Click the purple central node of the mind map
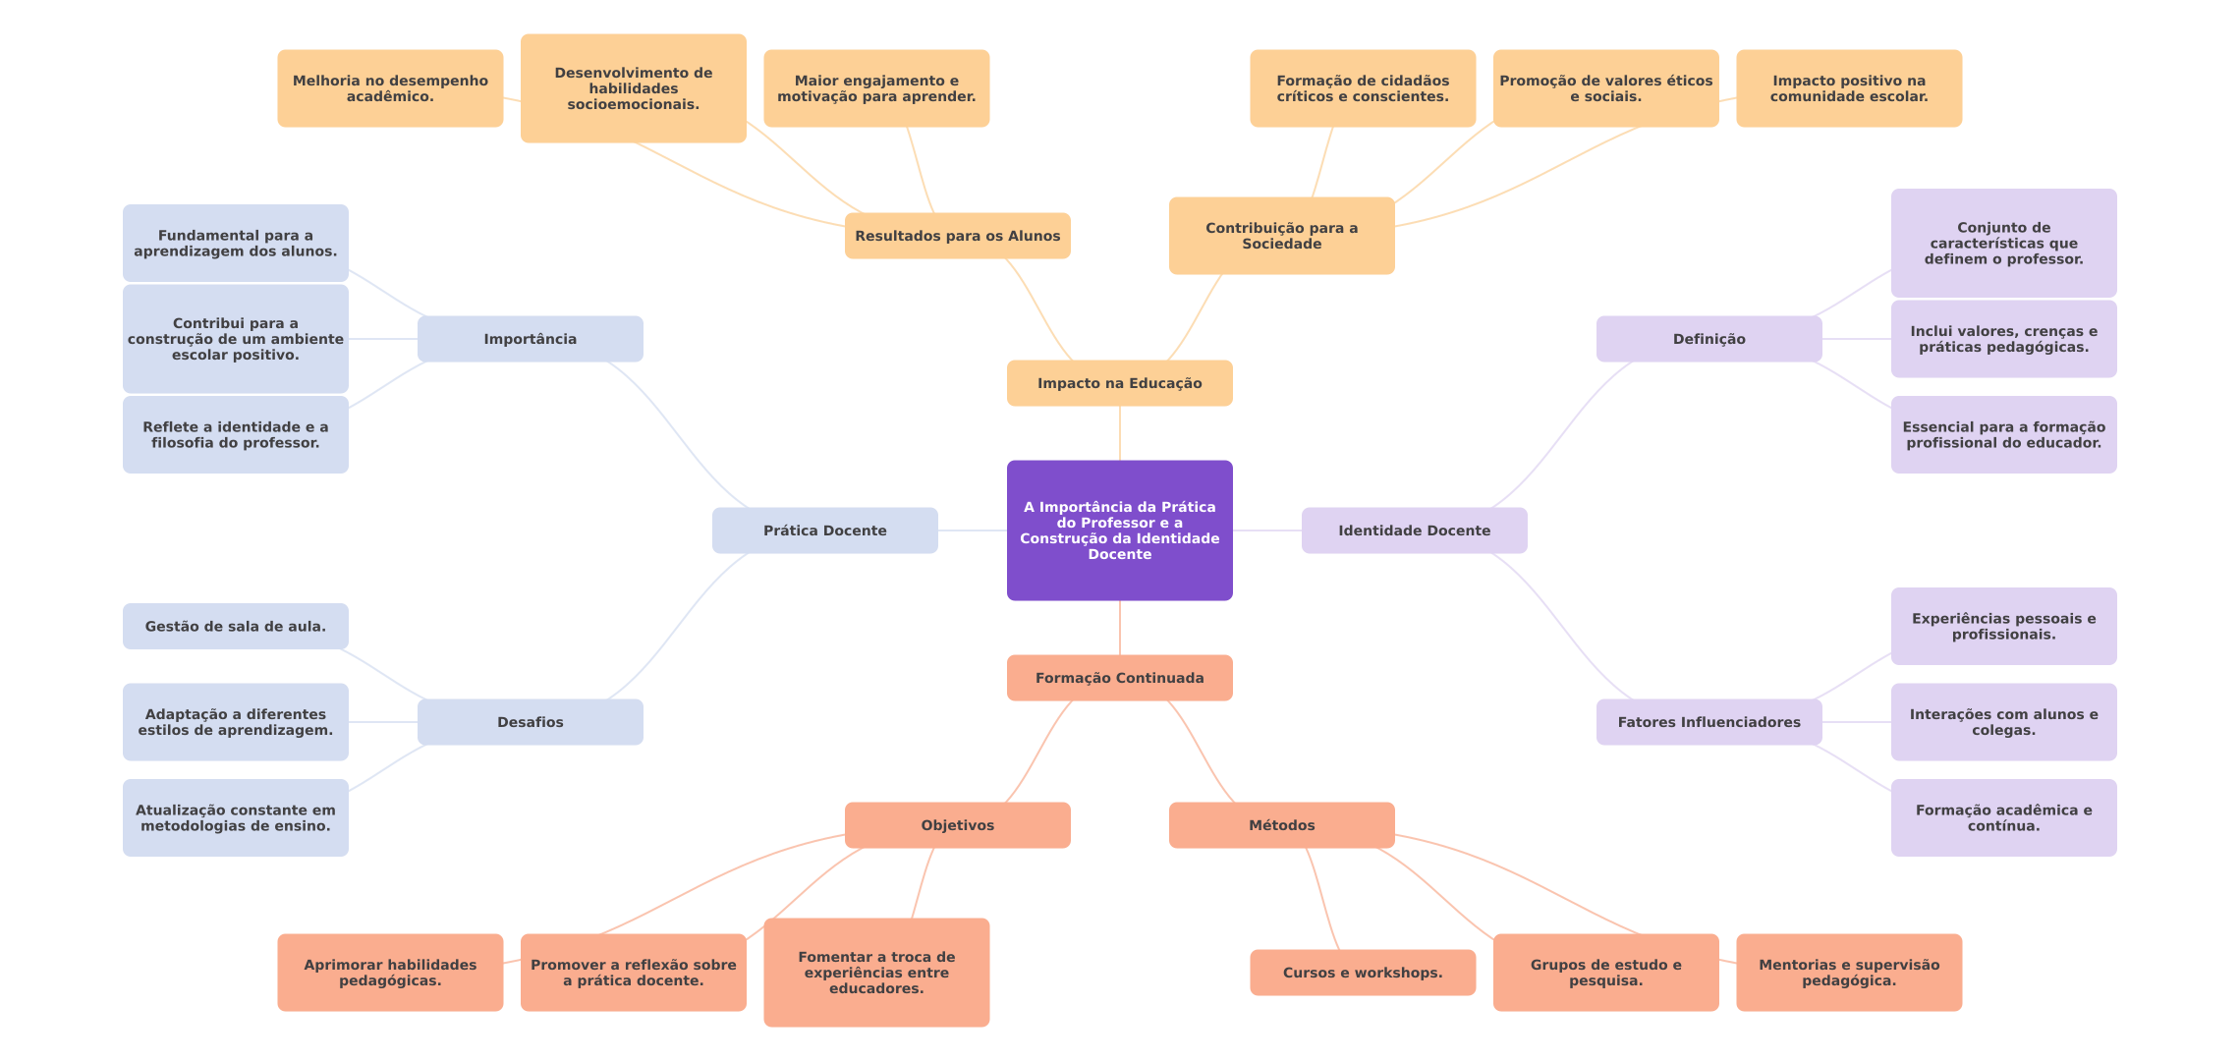click(x=1119, y=530)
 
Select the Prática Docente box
click(x=824, y=530)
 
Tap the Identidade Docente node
click(x=1414, y=530)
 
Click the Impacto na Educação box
click(x=1119, y=383)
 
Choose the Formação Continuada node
click(x=1119, y=678)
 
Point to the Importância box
click(x=530, y=339)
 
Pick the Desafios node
click(x=530, y=722)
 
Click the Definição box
click(x=1708, y=339)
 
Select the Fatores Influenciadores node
click(x=1708, y=722)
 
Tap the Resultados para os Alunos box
click(x=957, y=236)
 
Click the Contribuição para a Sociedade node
click(x=1281, y=236)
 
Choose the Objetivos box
click(x=957, y=825)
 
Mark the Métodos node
click(x=1281, y=825)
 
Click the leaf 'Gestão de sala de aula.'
click(x=235, y=626)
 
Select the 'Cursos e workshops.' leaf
click(x=1362, y=973)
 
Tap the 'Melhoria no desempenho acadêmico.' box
click(x=390, y=88)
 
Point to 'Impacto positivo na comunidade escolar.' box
click(x=1848, y=88)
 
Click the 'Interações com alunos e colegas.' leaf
click(x=2003, y=722)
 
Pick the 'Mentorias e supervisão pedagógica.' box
click(x=1848, y=973)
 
